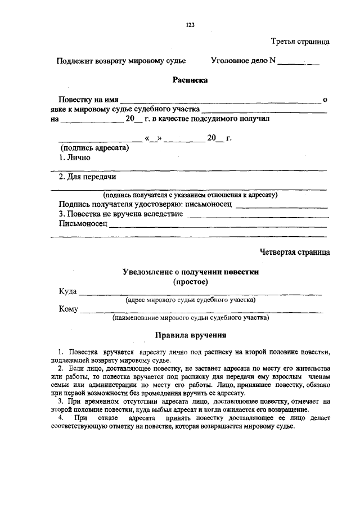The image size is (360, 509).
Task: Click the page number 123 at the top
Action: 190,25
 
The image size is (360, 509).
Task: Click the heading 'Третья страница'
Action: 300,42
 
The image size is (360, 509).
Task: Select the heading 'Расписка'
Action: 190,80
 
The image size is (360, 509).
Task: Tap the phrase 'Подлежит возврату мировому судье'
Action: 121,60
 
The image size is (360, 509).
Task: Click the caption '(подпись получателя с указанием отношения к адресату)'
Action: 193,195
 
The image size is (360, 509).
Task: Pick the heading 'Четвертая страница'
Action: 295,252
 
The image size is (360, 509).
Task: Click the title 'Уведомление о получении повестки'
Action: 191,272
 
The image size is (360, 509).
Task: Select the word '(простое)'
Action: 191,281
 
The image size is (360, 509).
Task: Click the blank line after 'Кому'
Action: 201,309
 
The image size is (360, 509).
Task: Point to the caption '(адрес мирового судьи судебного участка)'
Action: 191,300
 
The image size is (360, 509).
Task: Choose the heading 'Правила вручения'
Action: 191,336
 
